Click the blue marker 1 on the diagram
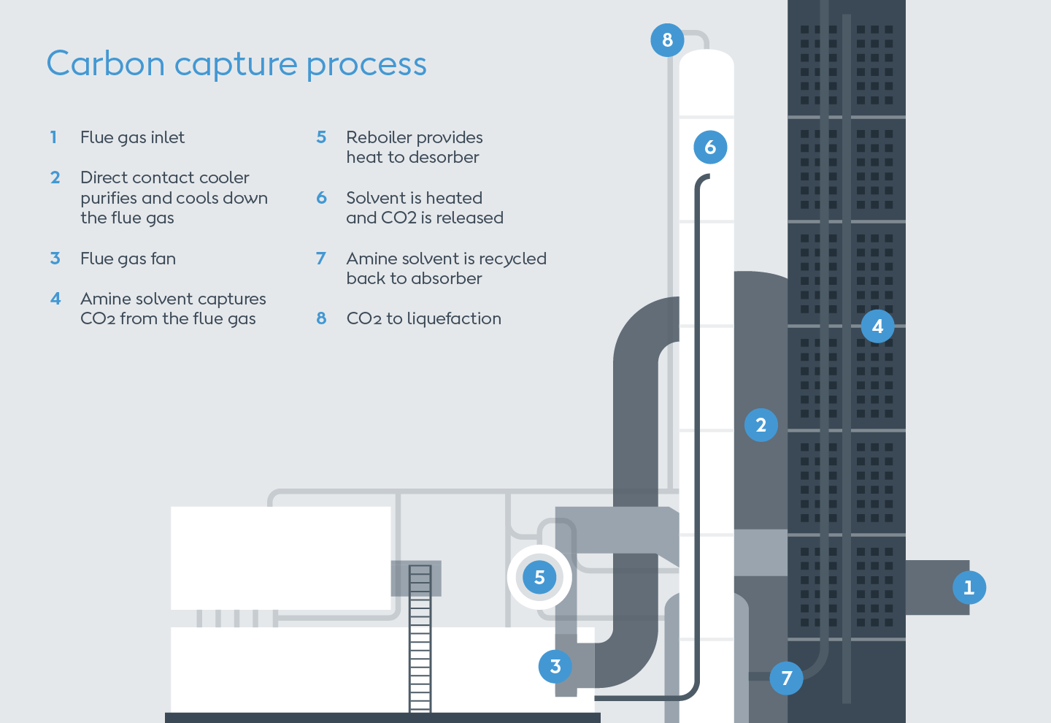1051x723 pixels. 969,587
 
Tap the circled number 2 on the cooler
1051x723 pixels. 761,425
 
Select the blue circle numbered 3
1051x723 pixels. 555,666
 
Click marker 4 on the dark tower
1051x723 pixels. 877,326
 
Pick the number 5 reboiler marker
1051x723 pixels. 539,577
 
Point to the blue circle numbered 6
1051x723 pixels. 710,148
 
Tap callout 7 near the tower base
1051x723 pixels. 786,678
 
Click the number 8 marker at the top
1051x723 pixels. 667,40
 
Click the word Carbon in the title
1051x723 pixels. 106,64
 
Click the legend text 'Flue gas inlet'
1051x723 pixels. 132,137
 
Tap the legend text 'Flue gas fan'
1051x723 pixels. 128,259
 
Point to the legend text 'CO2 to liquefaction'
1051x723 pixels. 423,318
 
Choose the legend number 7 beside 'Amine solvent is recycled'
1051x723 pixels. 320,259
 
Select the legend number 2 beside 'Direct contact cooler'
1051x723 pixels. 55,177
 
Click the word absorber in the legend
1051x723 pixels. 445,278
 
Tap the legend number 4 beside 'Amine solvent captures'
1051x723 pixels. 55,299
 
